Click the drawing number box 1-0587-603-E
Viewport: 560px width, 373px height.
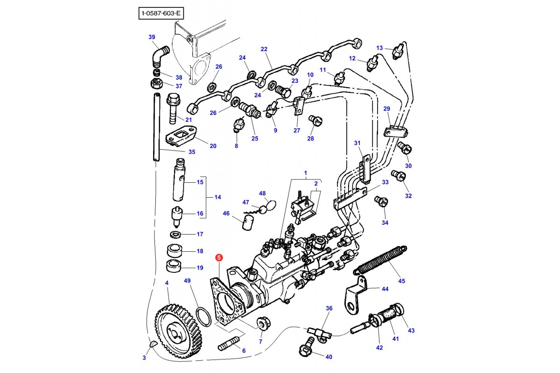(161, 13)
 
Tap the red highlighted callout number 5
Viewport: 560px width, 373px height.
(219, 257)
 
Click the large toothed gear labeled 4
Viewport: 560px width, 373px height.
(178, 331)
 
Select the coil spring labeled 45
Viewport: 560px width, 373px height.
(380, 260)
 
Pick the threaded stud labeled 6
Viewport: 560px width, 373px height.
(229, 344)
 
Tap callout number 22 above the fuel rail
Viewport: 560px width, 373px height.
(264, 49)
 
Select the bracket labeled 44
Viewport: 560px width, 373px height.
(356, 294)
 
